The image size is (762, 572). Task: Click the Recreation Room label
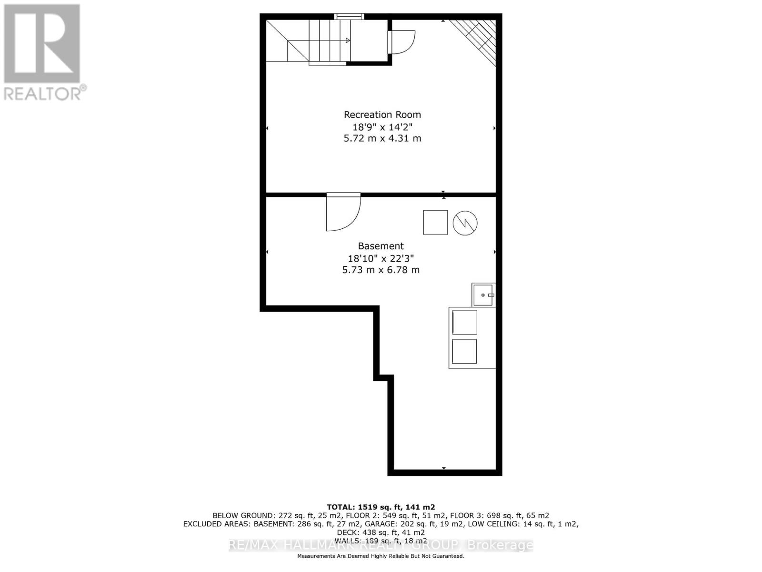[x=382, y=115]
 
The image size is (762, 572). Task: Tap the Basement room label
[x=381, y=246]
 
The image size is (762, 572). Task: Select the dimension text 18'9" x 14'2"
[x=382, y=127]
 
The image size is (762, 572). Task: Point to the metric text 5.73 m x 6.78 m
[x=381, y=270]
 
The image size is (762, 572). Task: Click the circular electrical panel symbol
[x=465, y=223]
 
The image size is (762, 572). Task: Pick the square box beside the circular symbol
[x=435, y=223]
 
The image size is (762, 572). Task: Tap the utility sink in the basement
[x=483, y=295]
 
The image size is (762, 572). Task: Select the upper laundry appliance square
[x=464, y=322]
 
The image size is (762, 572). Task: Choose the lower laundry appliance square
[x=464, y=351]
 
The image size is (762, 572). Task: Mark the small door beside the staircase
[x=401, y=42]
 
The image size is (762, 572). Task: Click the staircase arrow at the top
[x=348, y=41]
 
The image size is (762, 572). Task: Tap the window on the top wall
[x=349, y=17]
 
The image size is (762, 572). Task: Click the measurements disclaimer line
[x=381, y=556]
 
